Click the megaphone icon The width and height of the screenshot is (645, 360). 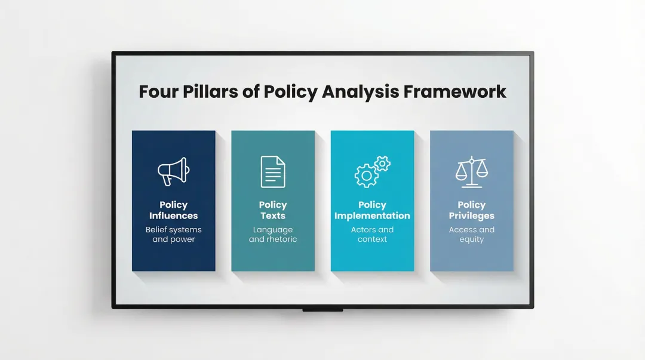click(x=173, y=171)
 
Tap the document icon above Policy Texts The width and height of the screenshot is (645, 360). click(x=273, y=171)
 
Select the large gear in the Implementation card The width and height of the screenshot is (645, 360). click(x=365, y=176)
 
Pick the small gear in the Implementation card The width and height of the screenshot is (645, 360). click(x=382, y=163)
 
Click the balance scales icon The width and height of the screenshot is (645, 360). click(x=471, y=171)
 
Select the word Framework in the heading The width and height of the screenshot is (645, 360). click(x=455, y=92)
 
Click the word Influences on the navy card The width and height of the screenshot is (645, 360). click(x=173, y=216)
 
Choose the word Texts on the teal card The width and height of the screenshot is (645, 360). click(x=273, y=216)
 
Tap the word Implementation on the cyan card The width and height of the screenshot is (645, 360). click(x=372, y=216)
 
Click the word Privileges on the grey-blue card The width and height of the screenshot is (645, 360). click(x=472, y=216)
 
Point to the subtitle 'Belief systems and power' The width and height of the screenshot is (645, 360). click(x=173, y=235)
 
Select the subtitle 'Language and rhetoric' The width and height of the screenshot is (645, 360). click(x=273, y=235)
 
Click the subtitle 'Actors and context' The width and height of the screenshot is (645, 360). click(x=372, y=235)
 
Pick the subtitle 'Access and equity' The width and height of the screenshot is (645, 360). click(x=472, y=235)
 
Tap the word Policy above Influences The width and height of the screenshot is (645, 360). click(x=173, y=205)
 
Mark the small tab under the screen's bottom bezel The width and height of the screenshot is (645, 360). click(x=322, y=310)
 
